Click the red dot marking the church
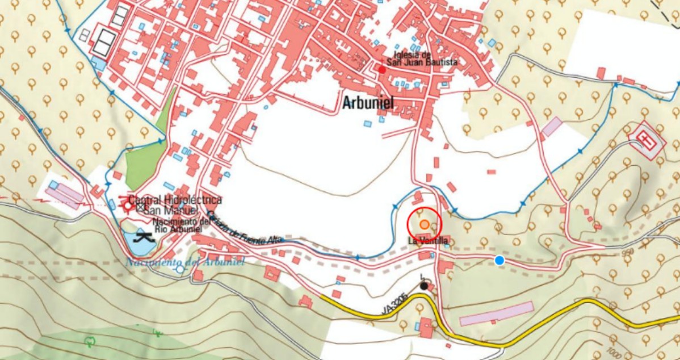pyautogui.click(x=383, y=70)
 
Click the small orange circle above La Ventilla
pyautogui.click(x=424, y=224)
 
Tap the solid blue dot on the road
pyautogui.click(x=499, y=260)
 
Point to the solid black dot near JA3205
pyautogui.click(x=423, y=286)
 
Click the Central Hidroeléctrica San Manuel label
pyautogui.click(x=175, y=205)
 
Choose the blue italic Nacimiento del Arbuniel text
pyautogui.click(x=184, y=262)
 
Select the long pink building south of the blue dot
pyautogui.click(x=496, y=313)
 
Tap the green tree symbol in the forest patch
pyautogui.click(x=89, y=342)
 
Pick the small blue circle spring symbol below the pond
pyautogui.click(x=180, y=269)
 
